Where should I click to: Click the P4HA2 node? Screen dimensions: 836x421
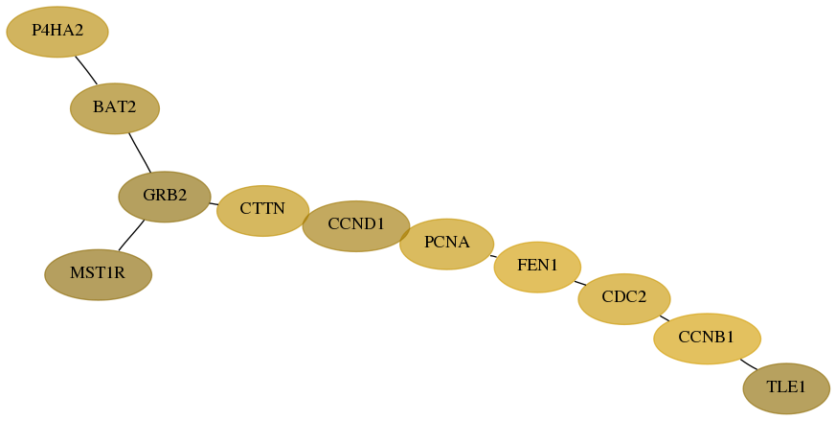(x=57, y=32)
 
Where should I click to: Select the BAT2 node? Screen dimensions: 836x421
(x=115, y=108)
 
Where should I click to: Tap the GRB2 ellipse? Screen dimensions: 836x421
(x=165, y=197)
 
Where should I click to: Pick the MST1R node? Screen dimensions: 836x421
(x=98, y=274)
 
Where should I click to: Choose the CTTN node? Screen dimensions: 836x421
(x=262, y=211)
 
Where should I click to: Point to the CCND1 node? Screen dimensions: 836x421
(x=356, y=226)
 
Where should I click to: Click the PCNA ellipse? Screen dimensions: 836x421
(x=447, y=244)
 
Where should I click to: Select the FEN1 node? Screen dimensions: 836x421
(x=537, y=267)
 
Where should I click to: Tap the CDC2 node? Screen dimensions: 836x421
(x=624, y=298)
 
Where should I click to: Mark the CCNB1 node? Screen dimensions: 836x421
(x=707, y=339)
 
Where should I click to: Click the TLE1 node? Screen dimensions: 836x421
(x=786, y=388)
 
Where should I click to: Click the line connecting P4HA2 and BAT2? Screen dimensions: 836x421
(x=86, y=70)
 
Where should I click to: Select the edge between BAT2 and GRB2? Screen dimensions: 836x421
(x=140, y=152)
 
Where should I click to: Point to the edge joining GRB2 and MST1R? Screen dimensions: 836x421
(x=131, y=235)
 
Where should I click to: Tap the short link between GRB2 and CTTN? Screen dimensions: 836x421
(x=214, y=203)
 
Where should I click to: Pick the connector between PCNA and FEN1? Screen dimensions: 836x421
(x=494, y=256)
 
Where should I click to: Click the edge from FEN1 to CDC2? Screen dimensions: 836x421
(x=579, y=283)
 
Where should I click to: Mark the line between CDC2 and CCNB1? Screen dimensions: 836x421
(x=665, y=318)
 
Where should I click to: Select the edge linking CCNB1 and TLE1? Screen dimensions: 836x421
(x=748, y=364)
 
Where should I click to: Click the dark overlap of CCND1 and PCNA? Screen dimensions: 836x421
(x=405, y=233)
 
